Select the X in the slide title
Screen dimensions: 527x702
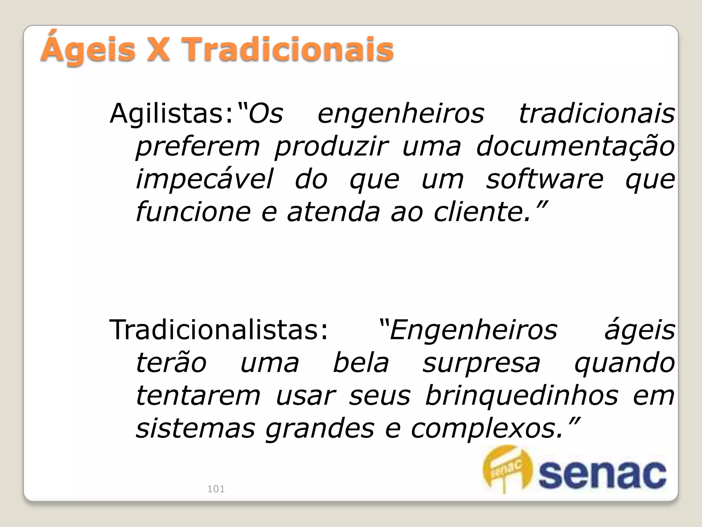click(158, 50)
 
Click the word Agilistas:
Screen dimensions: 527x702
click(171, 114)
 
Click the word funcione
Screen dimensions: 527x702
click(193, 212)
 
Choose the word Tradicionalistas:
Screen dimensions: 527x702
click(219, 330)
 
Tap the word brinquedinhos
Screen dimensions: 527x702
click(521, 395)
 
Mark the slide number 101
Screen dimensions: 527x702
click(216, 489)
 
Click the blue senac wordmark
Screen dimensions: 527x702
click(602, 475)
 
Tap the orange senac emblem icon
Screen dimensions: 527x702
click(507, 469)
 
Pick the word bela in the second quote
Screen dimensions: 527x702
click(361, 363)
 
